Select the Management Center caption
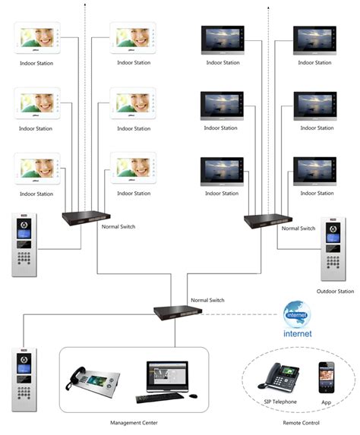tap(134, 422)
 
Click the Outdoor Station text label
tap(335, 291)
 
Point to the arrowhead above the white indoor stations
tap(84, 6)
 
